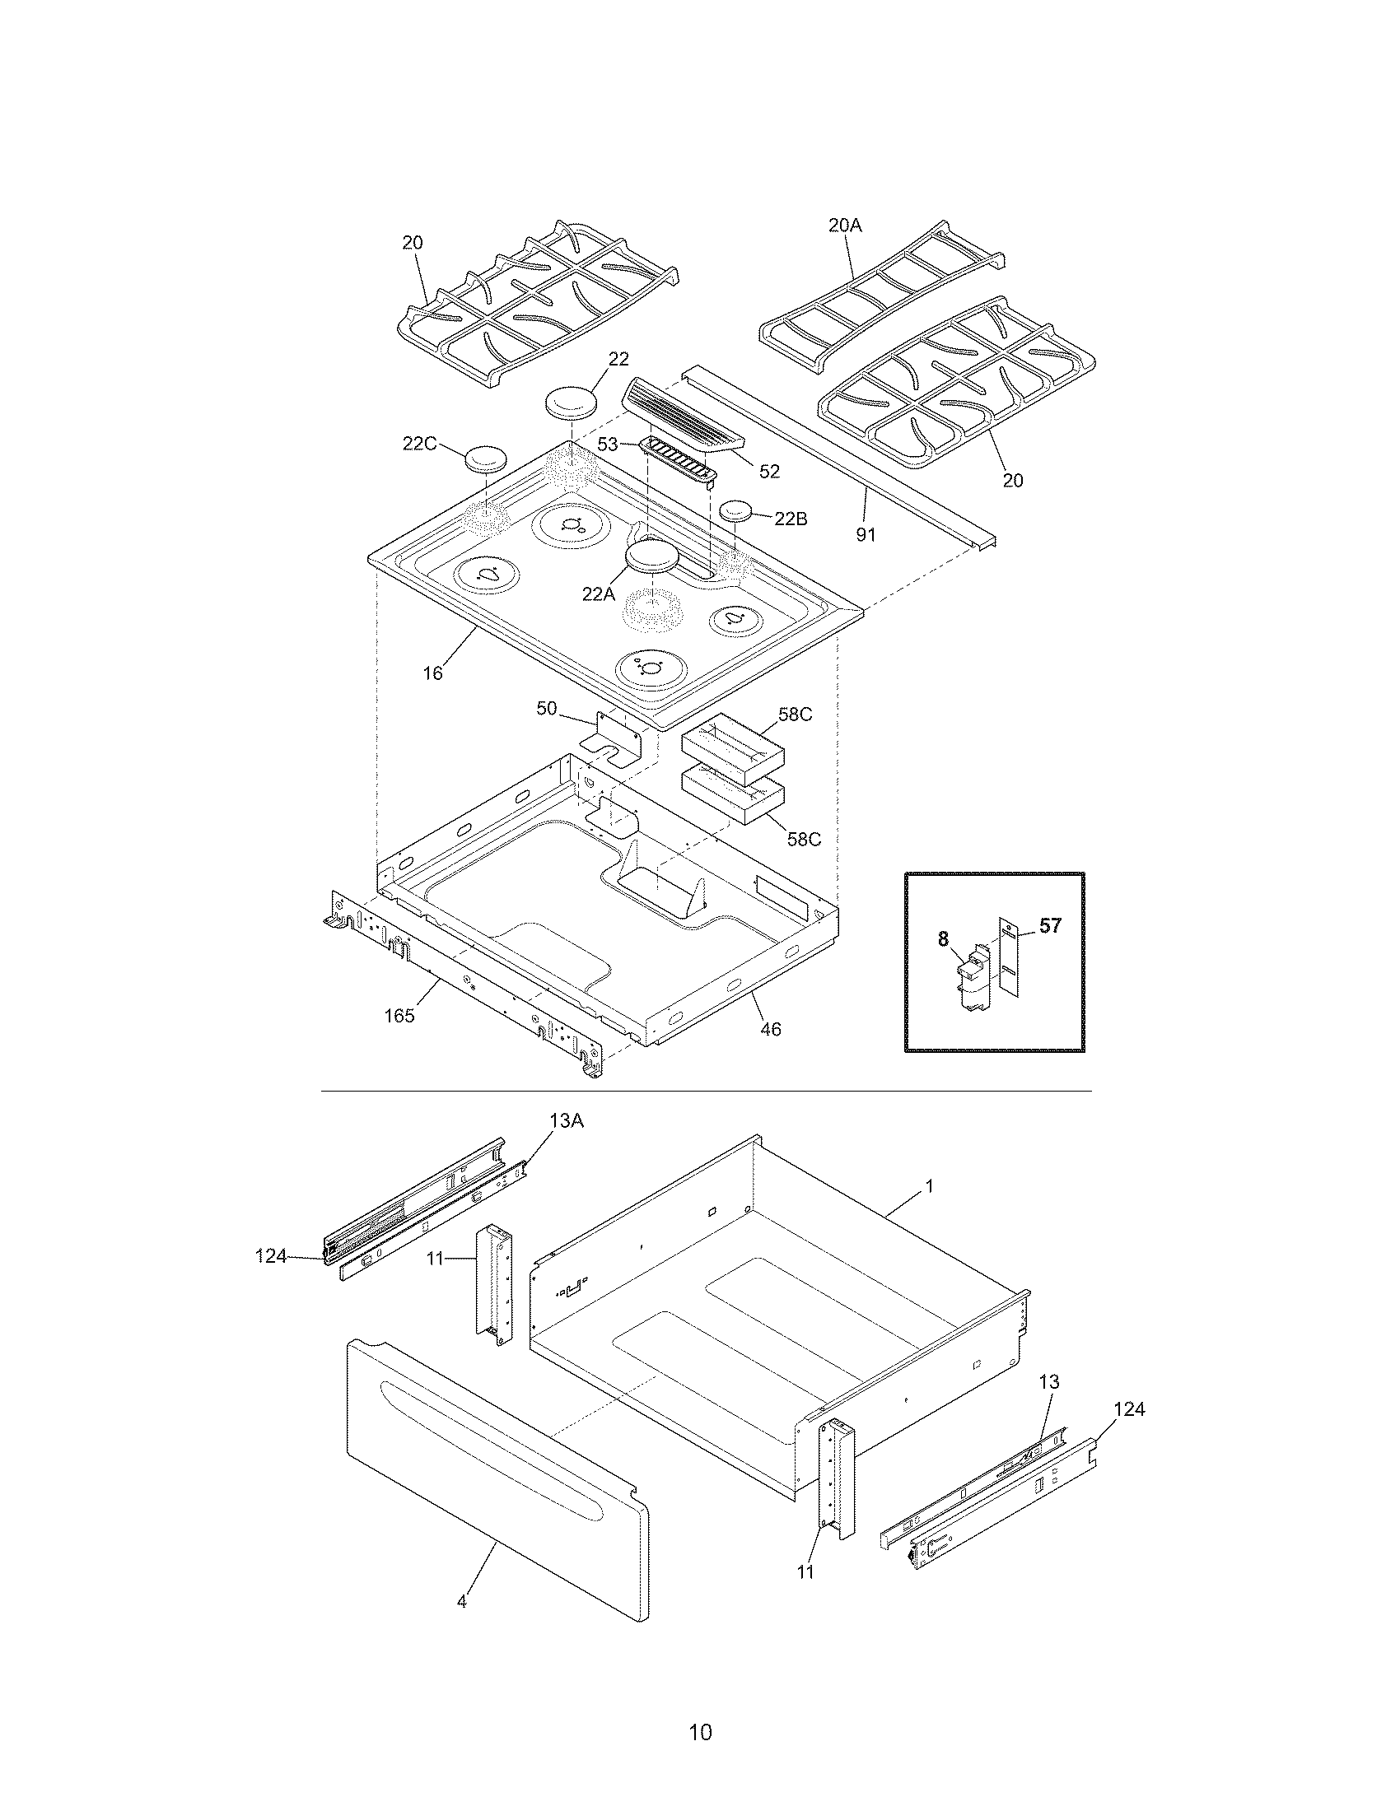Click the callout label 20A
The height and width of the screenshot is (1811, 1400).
point(845,226)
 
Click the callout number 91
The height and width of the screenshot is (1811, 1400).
point(865,535)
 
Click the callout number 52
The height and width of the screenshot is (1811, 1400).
point(770,471)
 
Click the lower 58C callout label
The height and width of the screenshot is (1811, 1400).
point(804,838)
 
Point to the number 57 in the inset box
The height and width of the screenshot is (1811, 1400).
point(1050,925)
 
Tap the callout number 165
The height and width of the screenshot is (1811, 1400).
point(399,1016)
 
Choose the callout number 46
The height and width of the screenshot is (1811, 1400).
point(771,1029)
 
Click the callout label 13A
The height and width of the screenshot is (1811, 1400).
point(566,1121)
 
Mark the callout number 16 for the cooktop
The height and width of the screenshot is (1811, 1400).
point(433,673)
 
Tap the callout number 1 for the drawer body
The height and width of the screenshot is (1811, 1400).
point(929,1186)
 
